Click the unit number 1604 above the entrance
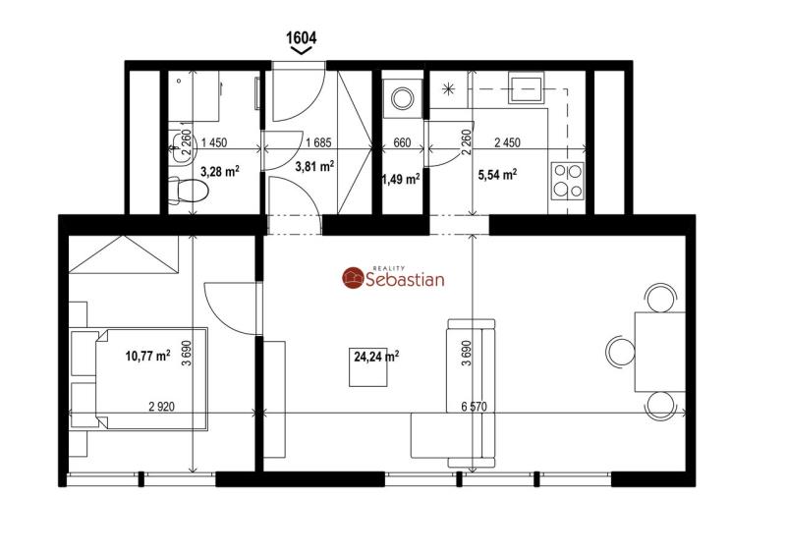[302, 37]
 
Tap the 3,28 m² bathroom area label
[219, 172]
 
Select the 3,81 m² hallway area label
[314, 166]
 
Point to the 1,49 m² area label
[401, 179]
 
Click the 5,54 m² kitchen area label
[498, 175]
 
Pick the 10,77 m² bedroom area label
[148, 356]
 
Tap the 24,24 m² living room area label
[376, 357]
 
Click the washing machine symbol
[403, 99]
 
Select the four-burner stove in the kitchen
[568, 181]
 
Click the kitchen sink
[526, 87]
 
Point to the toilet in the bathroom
[188, 191]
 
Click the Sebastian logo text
[405, 279]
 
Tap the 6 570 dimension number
[475, 406]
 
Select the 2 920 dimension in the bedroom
[161, 406]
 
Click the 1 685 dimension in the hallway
[318, 142]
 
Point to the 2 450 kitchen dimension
[507, 142]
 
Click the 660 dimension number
[402, 142]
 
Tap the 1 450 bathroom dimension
[214, 142]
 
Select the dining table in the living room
[660, 352]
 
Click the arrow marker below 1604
[302, 50]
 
